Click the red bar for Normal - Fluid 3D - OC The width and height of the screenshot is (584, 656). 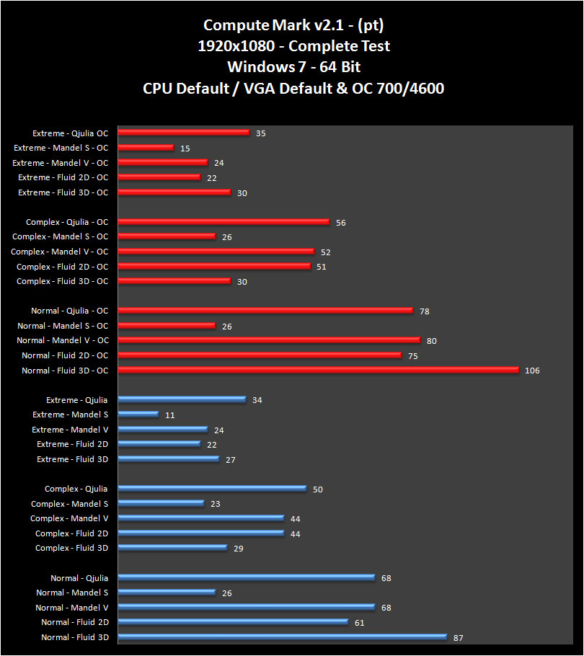pos(317,370)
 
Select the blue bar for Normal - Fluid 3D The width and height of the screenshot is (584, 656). pos(281,637)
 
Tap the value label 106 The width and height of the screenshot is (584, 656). pos(532,371)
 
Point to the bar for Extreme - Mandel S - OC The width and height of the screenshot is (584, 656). pos(145,147)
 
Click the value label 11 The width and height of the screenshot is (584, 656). pos(169,415)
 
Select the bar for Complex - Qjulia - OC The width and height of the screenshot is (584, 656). pos(223,222)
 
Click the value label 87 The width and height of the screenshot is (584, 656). pos(458,638)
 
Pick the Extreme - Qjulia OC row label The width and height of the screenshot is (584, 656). pos(70,133)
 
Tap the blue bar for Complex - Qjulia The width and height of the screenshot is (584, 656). pos(211,489)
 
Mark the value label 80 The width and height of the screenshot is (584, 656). pos(431,341)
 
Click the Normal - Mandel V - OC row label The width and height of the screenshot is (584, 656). pos(62,340)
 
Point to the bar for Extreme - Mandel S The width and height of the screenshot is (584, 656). pos(138,415)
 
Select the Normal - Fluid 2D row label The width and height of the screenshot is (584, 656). pos(74,622)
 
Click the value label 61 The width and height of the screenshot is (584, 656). pos(359,623)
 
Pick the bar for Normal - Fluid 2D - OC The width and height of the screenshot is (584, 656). pos(259,355)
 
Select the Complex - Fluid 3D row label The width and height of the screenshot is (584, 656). pos(71,548)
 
